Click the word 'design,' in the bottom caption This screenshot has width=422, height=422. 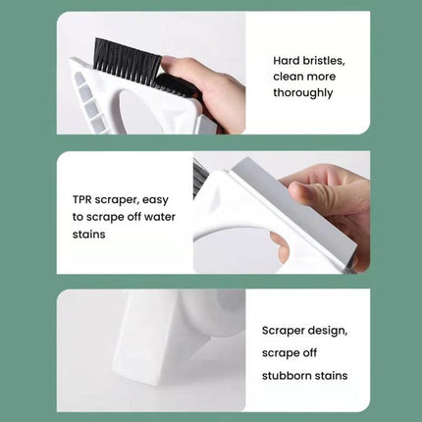[x=324, y=331]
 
